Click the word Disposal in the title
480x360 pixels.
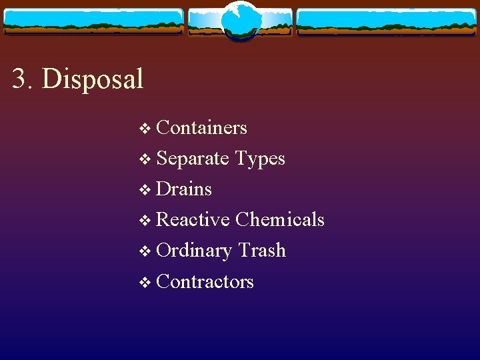[x=93, y=79]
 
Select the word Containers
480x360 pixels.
[x=201, y=127]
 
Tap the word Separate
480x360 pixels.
[x=192, y=159]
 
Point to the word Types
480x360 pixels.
[x=261, y=159]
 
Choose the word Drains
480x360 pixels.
[x=183, y=189]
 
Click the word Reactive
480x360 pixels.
[x=193, y=219]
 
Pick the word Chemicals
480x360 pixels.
[x=280, y=219]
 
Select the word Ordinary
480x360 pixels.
[x=193, y=251]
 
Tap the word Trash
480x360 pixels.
[x=262, y=251]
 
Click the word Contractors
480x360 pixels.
[x=205, y=281]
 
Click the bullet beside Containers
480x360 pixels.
[x=146, y=129]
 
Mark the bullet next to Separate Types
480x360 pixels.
[x=146, y=159]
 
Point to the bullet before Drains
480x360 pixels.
[x=146, y=190]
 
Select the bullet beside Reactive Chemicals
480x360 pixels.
[x=146, y=221]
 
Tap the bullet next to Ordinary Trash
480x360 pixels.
[x=146, y=251]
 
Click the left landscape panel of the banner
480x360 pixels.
[x=93, y=21]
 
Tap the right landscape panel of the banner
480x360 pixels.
[x=387, y=21]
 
